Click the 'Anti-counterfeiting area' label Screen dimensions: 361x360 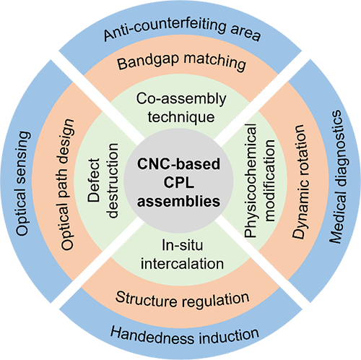pyautogui.click(x=182, y=28)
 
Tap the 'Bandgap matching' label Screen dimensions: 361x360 pyautogui.click(x=182, y=61)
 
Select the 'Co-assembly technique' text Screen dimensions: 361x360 pyautogui.click(x=181, y=108)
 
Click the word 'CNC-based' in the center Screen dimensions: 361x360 pyautogui.click(x=178, y=164)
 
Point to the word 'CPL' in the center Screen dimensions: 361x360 pyautogui.click(x=179, y=183)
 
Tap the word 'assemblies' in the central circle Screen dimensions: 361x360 pyautogui.click(x=178, y=201)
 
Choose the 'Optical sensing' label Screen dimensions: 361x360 pyautogui.click(x=23, y=184)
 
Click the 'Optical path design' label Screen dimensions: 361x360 pyautogui.click(x=67, y=184)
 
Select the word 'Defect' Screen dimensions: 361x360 pyautogui.click(x=94, y=180)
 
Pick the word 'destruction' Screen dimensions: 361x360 pyautogui.click(x=113, y=181)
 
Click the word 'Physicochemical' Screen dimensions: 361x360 pyautogui.click(x=251, y=181)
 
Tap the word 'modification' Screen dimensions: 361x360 pyautogui.click(x=269, y=180)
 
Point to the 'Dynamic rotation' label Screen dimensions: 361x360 pyautogui.click(x=300, y=181)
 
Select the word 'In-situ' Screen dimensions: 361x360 pyautogui.click(x=183, y=246)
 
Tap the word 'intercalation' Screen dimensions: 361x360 pyautogui.click(x=182, y=264)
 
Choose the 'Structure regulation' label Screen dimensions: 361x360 pyautogui.click(x=182, y=299)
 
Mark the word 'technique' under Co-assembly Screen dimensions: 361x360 pyautogui.click(x=181, y=117)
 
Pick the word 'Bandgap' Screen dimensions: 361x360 pyautogui.click(x=149, y=61)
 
